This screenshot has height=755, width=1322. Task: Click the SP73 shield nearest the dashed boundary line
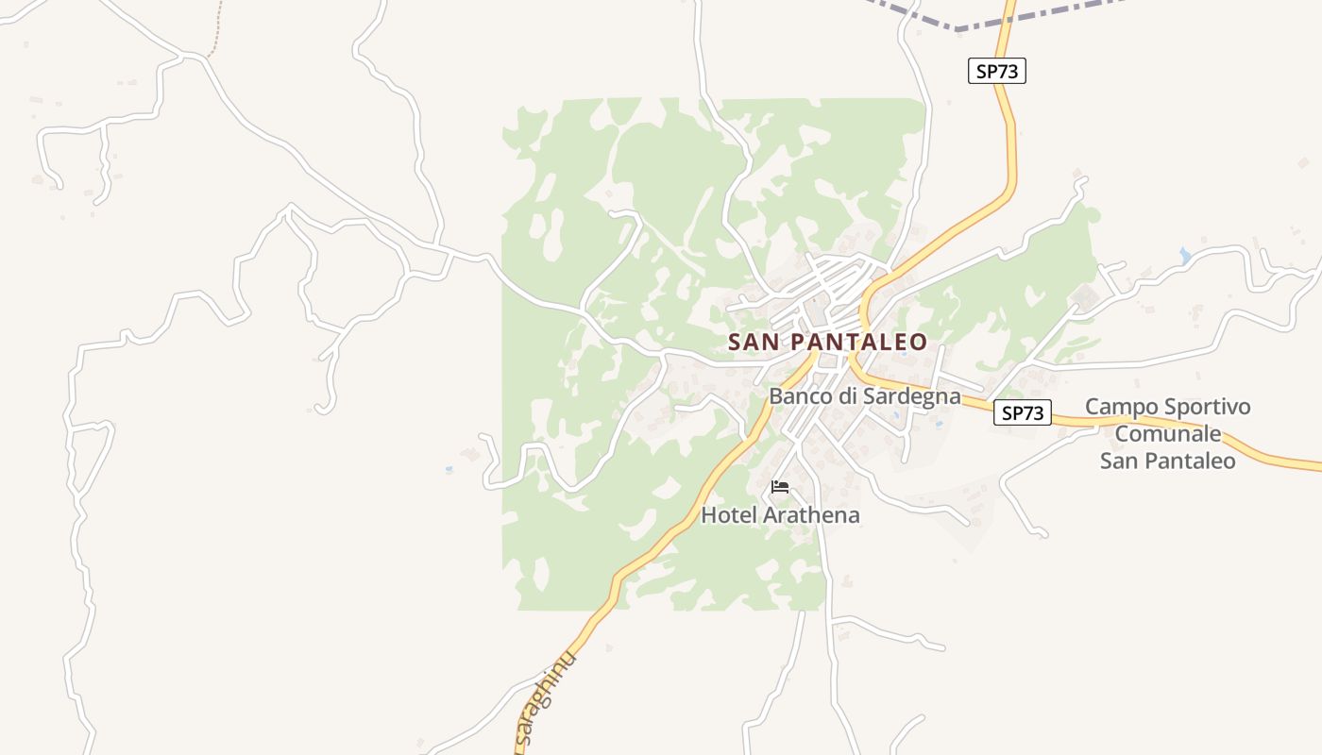coord(996,71)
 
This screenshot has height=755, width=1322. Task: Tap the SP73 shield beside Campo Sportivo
coord(1022,412)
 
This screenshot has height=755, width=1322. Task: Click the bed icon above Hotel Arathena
coord(780,487)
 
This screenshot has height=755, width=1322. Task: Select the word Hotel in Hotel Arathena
coord(729,515)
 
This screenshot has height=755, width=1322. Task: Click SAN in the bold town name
coord(754,342)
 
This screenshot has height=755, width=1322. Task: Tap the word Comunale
coord(1168,434)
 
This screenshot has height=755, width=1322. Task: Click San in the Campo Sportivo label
coord(1118,461)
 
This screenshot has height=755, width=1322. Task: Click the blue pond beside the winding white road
coord(1185,256)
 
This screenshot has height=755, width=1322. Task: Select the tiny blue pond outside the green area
coord(448,468)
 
